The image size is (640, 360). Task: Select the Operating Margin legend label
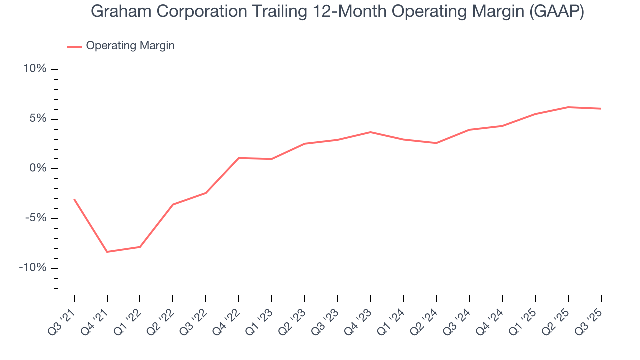130,46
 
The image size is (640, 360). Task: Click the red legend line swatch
75,46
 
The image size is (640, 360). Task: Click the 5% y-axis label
38,119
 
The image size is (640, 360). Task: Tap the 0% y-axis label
38,168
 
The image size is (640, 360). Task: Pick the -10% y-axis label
33,268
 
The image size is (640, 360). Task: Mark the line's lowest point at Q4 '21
107,252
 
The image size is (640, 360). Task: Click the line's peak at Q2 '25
568,107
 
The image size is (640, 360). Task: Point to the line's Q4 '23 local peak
370,132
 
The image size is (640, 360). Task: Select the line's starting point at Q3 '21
74,199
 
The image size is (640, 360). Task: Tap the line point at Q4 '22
239,158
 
